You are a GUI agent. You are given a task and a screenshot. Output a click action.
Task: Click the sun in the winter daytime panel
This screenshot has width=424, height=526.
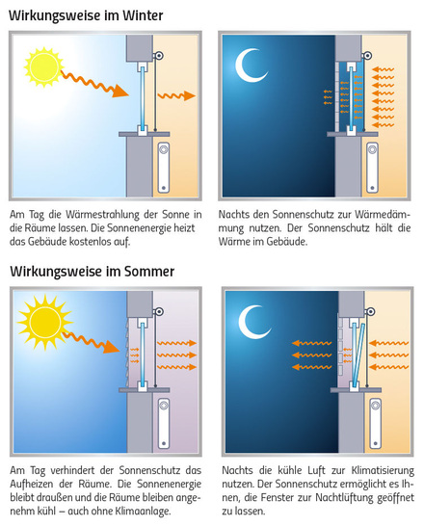pos(42,66)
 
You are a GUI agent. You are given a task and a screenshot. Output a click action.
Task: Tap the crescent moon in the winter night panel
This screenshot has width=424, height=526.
pos(253,65)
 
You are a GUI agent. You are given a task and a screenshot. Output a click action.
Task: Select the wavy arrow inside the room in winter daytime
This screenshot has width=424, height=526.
pos(175,94)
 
